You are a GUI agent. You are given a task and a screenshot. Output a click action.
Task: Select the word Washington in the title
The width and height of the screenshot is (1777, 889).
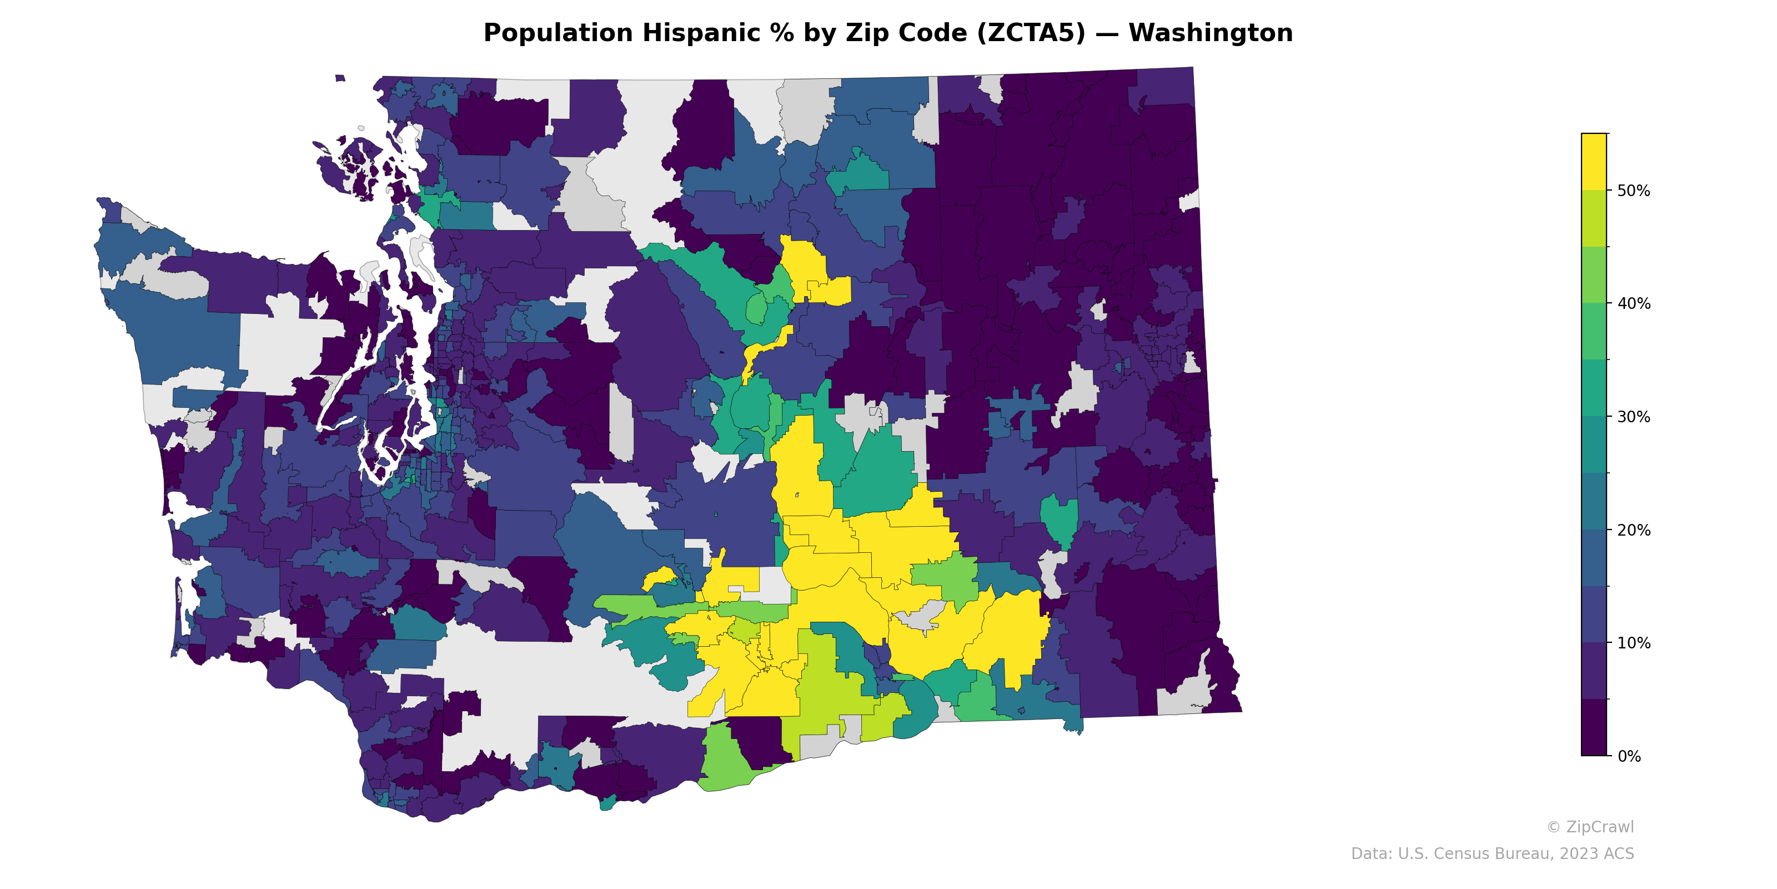click(1211, 33)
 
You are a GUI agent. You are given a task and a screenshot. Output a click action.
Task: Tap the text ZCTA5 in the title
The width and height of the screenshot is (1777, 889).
click(1031, 33)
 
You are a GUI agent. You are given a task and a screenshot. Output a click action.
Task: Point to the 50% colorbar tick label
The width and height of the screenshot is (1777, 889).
click(1634, 191)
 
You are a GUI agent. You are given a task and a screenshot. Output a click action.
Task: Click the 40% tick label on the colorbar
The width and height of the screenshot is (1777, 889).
click(1634, 304)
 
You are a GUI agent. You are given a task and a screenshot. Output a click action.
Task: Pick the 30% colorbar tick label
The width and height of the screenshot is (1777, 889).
click(1634, 417)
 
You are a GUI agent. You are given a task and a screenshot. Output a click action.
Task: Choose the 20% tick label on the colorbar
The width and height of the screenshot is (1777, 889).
click(1634, 530)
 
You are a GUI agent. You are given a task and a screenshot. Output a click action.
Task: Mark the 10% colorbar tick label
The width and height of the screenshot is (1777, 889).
click(1634, 643)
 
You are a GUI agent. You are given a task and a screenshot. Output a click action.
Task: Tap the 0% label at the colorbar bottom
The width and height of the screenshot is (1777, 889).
click(1629, 756)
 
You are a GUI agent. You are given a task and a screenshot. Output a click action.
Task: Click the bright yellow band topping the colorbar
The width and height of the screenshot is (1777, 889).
click(1594, 162)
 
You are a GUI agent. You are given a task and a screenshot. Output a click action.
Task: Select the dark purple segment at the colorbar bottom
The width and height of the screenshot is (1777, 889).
click(1594, 727)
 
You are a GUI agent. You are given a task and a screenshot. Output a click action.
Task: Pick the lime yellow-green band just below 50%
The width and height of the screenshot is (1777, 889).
click(1594, 218)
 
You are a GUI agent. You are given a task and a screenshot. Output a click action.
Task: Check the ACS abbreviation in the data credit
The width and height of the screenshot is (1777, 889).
click(1618, 854)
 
